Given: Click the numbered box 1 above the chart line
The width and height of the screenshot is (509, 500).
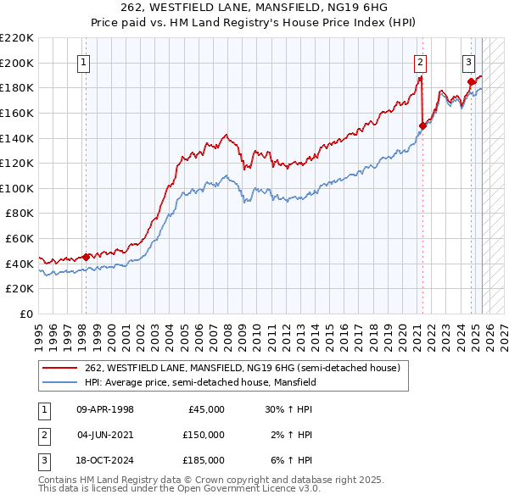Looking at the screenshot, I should [x=85, y=61].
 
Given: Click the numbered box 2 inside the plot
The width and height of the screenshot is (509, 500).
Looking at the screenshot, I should [x=420, y=61].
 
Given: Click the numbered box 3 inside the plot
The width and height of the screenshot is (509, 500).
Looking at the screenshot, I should [x=468, y=61].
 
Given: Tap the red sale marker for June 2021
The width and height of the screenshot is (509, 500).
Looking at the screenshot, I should [x=422, y=125].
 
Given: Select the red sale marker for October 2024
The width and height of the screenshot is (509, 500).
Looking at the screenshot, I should [x=471, y=82].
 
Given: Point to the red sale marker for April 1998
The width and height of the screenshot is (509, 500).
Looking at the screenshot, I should [x=86, y=257].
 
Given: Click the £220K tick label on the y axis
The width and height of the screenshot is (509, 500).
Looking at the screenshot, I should [x=17, y=38].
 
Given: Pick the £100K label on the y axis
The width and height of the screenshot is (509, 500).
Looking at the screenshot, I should [x=17, y=188].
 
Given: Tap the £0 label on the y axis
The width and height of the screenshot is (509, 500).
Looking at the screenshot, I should [x=25, y=314].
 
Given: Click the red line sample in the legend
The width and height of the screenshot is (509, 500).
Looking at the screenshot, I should [x=60, y=368].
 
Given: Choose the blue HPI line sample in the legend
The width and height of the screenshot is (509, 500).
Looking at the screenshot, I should [x=60, y=382].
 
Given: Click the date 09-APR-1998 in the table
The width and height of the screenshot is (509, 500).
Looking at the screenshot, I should [x=105, y=409].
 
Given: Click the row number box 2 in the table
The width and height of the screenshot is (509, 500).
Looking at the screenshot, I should [x=43, y=435].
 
